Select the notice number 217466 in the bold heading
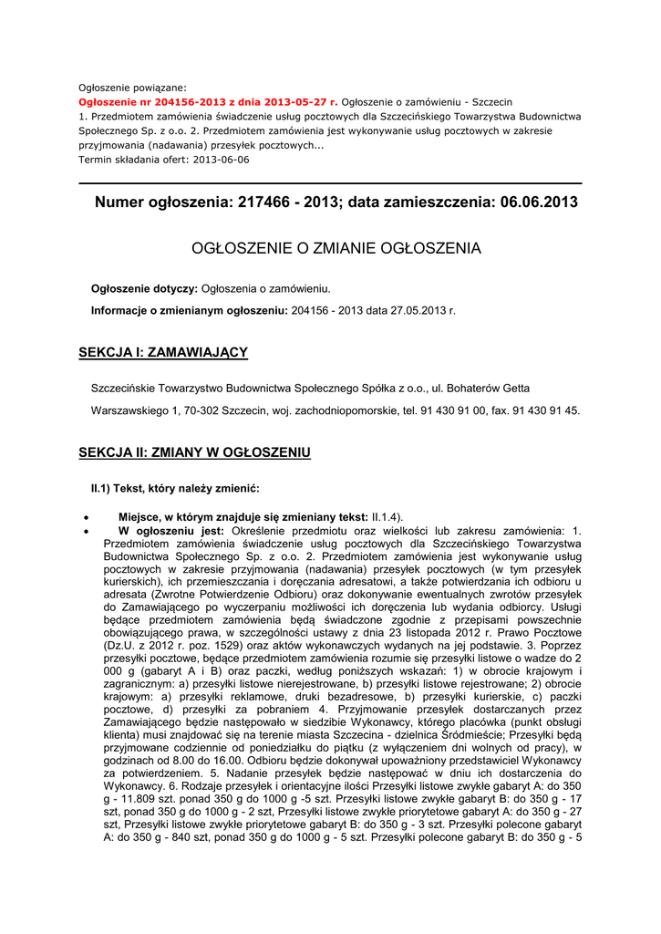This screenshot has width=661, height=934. (x=264, y=202)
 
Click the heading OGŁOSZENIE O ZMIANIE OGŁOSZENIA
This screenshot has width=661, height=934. (x=336, y=248)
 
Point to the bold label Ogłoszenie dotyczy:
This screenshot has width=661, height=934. (x=144, y=289)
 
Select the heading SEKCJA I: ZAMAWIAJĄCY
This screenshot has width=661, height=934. (x=163, y=352)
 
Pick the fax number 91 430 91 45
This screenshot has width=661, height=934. (x=544, y=410)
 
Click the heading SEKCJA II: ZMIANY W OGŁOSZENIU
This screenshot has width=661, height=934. (x=194, y=452)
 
